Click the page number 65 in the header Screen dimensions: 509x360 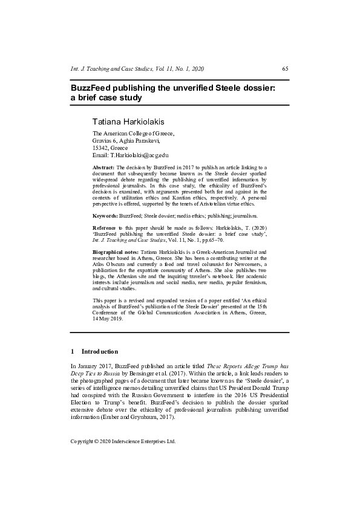tap(285, 68)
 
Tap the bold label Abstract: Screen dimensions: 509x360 tap(103, 166)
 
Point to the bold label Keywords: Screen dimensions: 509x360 tap(105, 215)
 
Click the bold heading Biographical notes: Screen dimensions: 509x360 tap(115, 250)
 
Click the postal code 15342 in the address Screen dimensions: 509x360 tap(100, 148)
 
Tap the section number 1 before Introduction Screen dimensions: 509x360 tap(73, 351)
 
